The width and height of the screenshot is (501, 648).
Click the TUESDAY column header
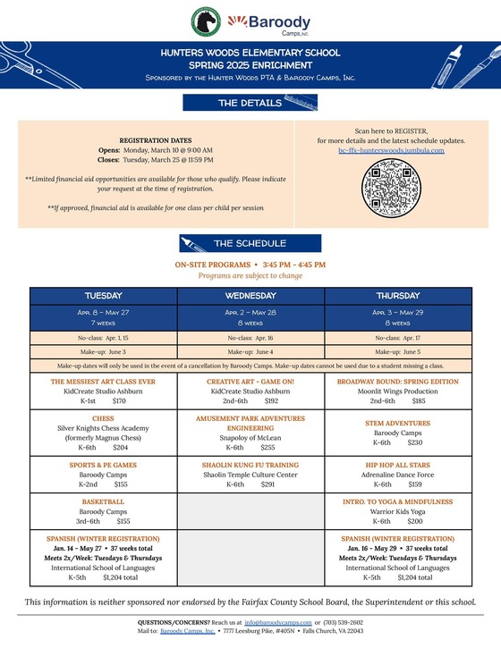[x=103, y=295]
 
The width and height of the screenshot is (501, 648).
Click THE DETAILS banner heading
[x=250, y=104]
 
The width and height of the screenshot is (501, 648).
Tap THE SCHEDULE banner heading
[x=250, y=243]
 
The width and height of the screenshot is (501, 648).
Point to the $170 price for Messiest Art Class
[x=120, y=402]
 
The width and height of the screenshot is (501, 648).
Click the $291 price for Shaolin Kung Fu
[x=267, y=484]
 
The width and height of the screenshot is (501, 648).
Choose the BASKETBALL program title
[x=103, y=501]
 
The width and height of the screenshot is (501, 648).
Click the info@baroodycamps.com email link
[x=277, y=621]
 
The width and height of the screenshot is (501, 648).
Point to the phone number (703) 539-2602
[x=342, y=621]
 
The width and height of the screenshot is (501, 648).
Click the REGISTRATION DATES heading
[x=155, y=141]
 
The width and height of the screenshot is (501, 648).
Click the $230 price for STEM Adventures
[x=414, y=442]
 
